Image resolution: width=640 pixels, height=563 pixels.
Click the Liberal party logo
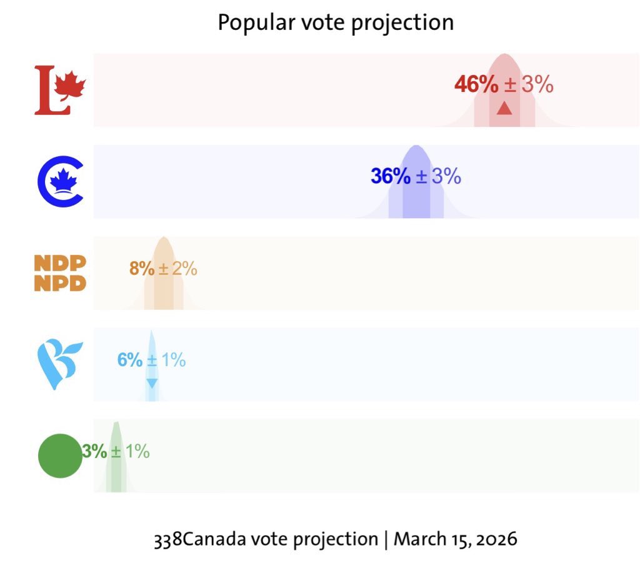[x=59, y=90]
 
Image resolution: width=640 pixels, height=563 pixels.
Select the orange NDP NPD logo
[x=60, y=273]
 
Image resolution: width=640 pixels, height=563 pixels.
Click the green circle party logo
[x=60, y=456]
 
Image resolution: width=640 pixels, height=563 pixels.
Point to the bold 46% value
[x=476, y=84]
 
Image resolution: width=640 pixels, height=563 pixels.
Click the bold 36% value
[x=391, y=176]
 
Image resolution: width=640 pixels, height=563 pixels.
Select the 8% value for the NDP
[x=141, y=269]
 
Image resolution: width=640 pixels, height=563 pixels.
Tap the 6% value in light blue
[x=130, y=360]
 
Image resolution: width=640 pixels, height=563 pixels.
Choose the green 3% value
[x=95, y=451]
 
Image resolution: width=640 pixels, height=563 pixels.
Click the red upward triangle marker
[x=504, y=109]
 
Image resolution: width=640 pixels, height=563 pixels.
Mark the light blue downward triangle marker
[x=152, y=382]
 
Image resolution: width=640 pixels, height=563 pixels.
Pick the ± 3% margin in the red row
[x=529, y=84]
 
